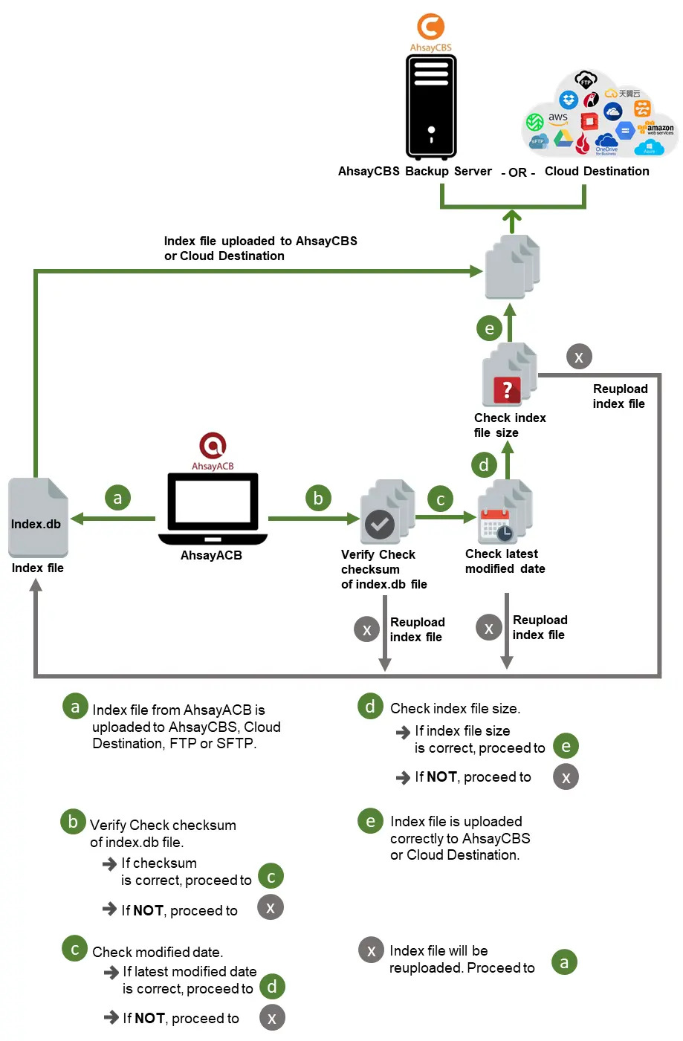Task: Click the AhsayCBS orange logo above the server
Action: [430, 27]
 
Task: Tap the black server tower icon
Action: [431, 107]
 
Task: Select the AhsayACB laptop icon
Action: [213, 508]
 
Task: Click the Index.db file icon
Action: [38, 518]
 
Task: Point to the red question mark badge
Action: [507, 388]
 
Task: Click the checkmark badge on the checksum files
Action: [379, 524]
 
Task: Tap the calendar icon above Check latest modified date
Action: [496, 525]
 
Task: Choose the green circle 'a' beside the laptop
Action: [117, 498]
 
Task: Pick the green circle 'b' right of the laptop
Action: [318, 498]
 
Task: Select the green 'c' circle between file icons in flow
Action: [441, 499]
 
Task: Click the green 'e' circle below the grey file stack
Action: [489, 328]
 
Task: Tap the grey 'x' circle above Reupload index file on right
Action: [579, 357]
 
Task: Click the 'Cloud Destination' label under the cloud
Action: [597, 172]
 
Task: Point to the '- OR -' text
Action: [518, 172]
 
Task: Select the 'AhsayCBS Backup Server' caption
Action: [415, 172]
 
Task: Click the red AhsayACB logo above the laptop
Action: [213, 446]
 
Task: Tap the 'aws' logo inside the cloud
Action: [558, 118]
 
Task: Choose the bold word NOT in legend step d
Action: [441, 777]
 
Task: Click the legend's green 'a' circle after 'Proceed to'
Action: [564, 963]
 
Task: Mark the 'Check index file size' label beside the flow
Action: [510, 425]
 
